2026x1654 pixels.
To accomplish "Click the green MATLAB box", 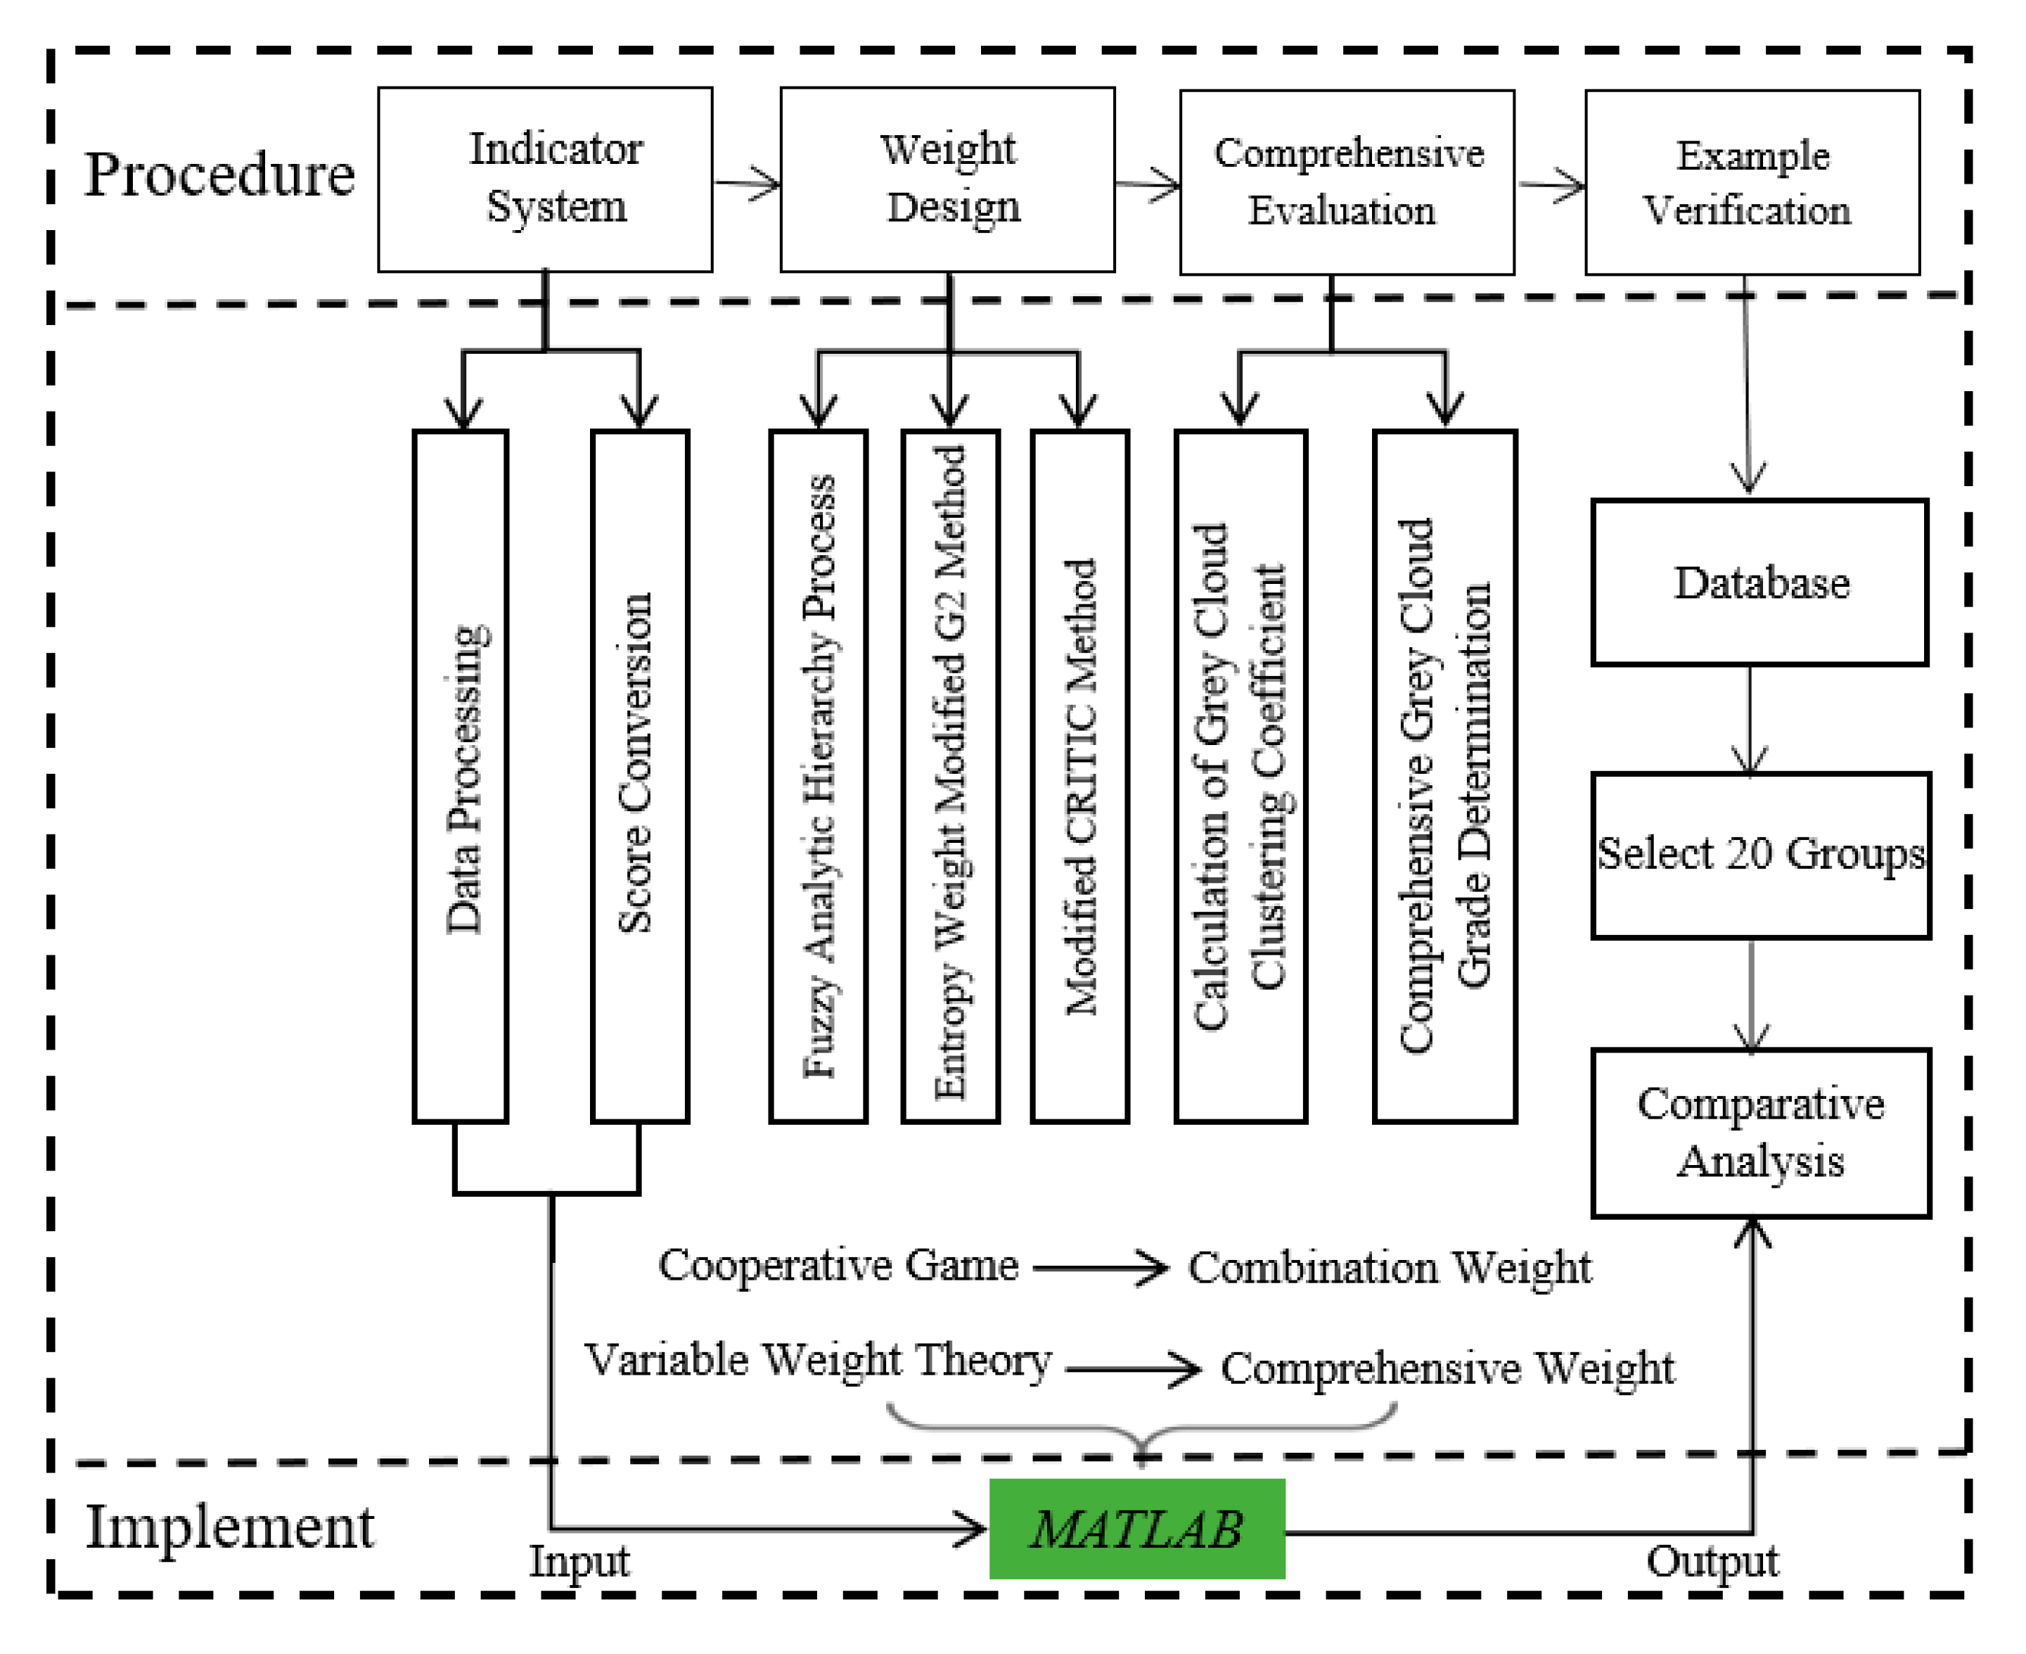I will coord(1136,1529).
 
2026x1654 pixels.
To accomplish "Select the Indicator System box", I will coord(545,180).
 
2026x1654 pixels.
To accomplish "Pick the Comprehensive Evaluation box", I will coord(1347,182).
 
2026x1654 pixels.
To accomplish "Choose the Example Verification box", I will coord(1752,182).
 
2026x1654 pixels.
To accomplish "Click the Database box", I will coord(1759,582).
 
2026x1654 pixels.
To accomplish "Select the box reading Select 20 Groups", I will coord(1760,855).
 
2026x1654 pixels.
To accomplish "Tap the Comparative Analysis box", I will coord(1760,1133).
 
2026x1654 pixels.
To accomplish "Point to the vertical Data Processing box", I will coord(461,777).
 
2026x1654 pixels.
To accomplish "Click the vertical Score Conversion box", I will coord(639,777).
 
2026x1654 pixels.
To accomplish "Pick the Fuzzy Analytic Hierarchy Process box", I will coord(819,777).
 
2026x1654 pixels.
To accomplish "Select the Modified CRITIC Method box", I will coord(1079,777).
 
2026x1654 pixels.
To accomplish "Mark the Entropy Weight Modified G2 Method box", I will coord(949,777).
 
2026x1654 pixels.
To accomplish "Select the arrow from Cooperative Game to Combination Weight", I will coord(1100,1268).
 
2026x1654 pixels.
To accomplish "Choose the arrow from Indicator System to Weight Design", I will coord(747,183).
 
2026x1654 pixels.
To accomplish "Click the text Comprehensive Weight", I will coord(1447,1369).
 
